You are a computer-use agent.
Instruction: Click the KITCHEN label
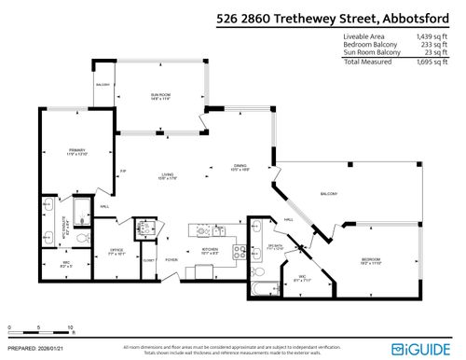coord(211,251)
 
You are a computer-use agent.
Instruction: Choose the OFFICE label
coord(116,250)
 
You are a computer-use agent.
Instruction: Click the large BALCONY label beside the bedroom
coord(328,194)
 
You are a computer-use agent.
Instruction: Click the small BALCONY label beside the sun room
coord(102,85)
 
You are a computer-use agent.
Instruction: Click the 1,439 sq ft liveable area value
coord(430,35)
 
